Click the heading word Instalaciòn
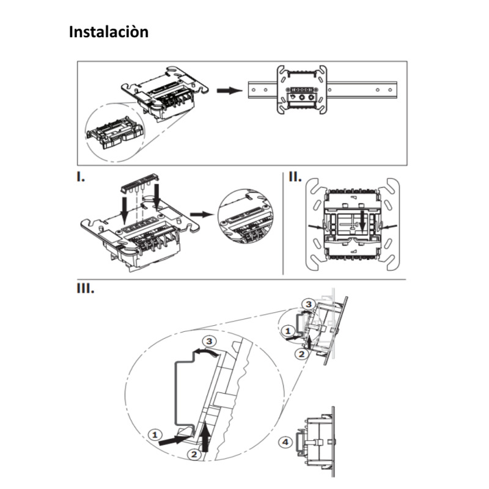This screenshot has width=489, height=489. [x=109, y=32]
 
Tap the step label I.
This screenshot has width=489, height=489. [x=81, y=178]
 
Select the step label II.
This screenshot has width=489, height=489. [x=295, y=178]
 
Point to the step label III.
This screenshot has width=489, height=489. [x=85, y=288]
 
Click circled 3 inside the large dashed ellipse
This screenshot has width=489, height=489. [x=210, y=340]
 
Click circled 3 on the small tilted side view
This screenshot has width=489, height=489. [x=309, y=304]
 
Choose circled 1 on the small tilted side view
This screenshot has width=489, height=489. [x=289, y=330]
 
